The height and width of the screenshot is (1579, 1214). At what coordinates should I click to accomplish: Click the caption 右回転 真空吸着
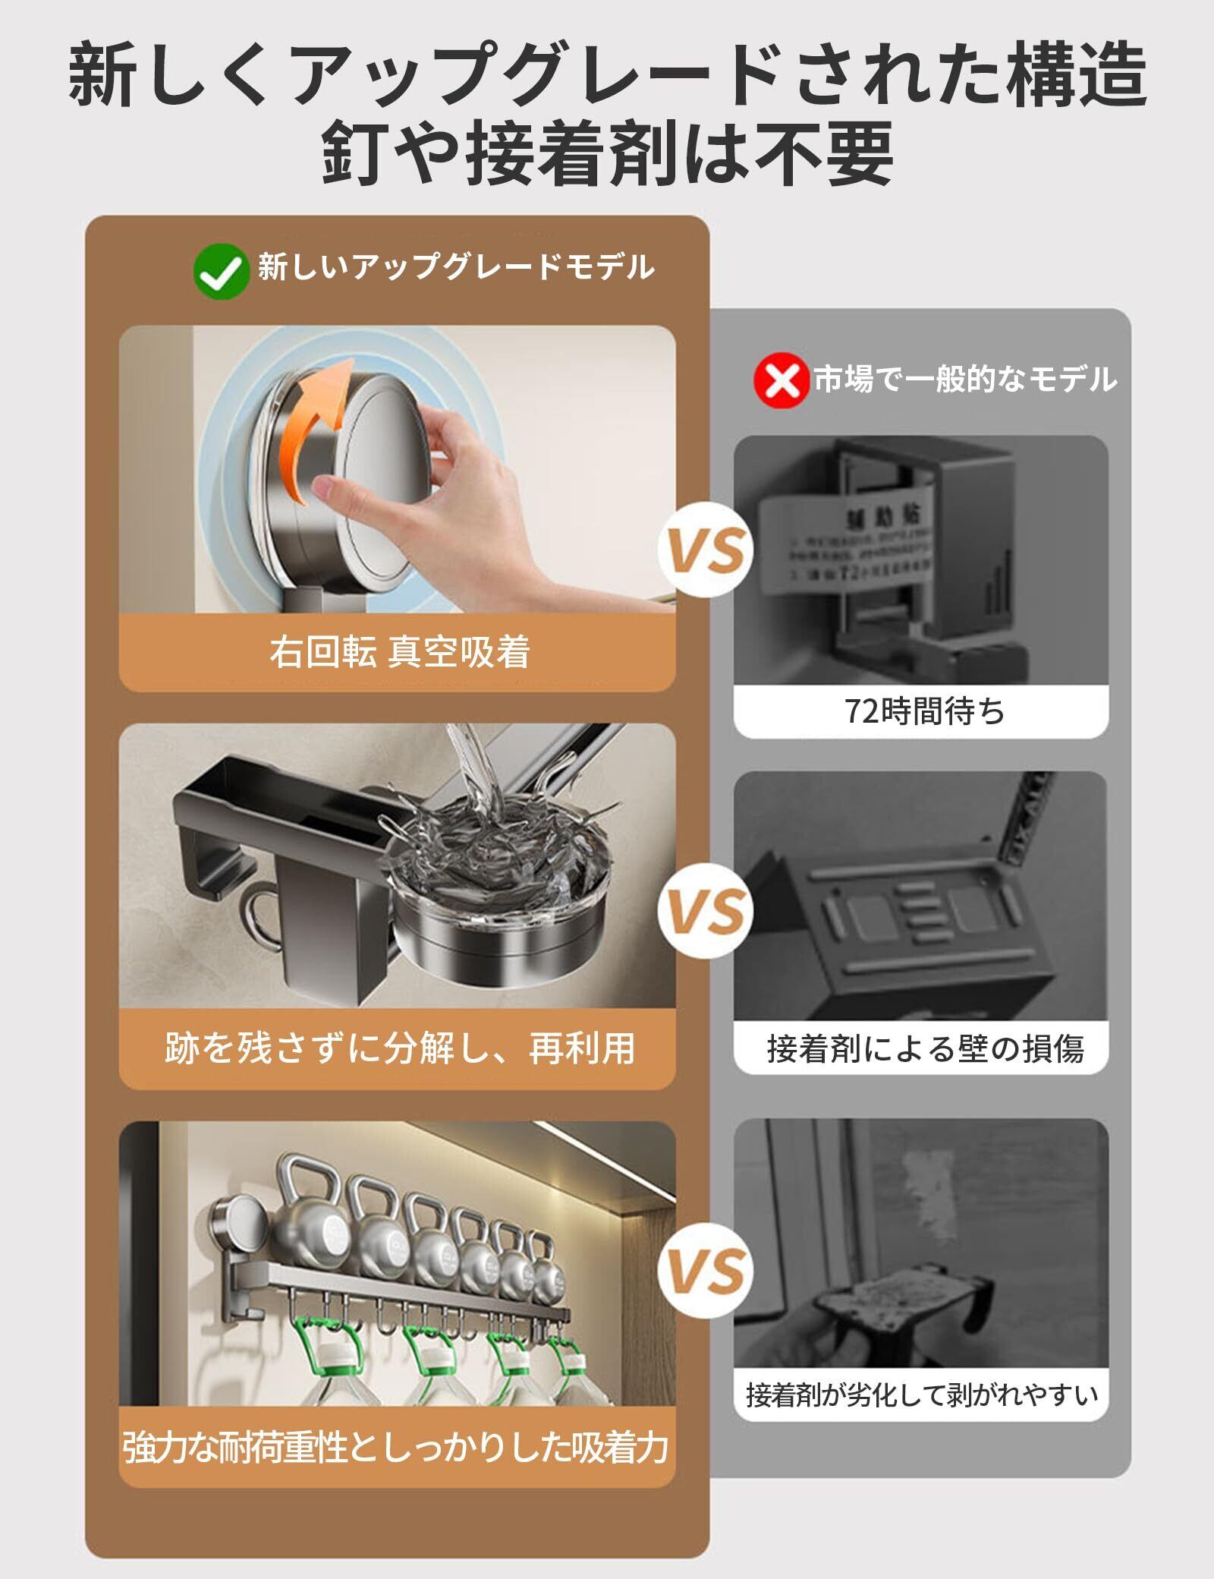point(399,652)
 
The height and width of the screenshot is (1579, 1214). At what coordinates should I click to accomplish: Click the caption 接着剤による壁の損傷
point(925,1049)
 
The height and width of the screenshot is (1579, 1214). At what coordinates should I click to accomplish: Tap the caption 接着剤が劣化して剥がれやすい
point(922,1395)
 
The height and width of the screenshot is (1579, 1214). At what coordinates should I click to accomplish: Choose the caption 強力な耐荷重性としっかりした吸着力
point(396,1448)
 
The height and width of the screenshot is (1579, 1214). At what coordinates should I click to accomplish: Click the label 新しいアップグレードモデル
point(455,267)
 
